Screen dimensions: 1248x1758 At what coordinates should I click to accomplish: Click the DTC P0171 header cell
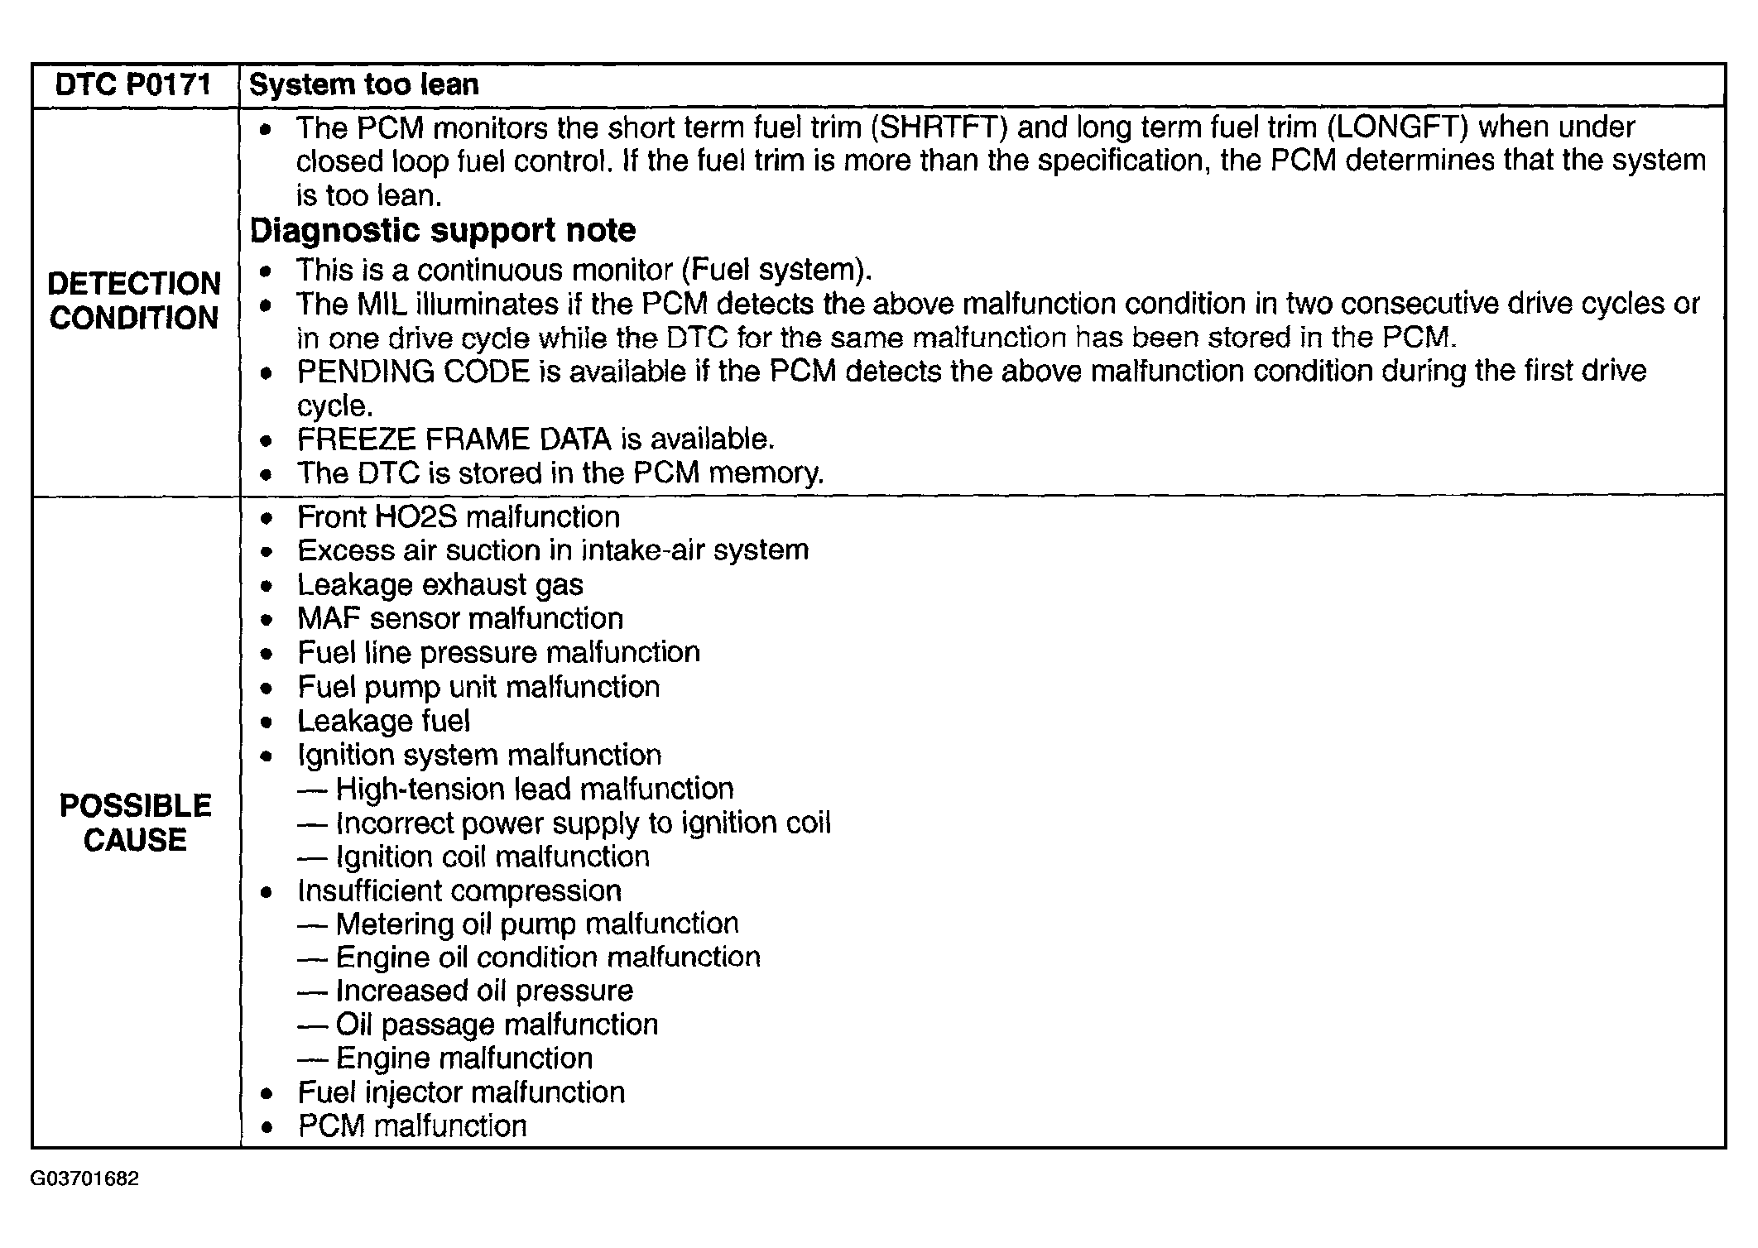[x=134, y=85]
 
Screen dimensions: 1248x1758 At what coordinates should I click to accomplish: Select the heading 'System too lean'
[x=364, y=85]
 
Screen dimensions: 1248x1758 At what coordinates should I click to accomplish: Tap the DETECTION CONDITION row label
[x=134, y=300]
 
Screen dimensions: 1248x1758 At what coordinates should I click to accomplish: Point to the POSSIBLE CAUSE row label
[x=135, y=823]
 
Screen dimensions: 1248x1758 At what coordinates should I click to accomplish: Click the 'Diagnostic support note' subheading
[x=443, y=230]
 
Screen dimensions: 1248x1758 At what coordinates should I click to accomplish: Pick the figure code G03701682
[x=84, y=1178]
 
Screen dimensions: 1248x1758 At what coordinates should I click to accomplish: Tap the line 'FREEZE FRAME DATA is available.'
[x=536, y=439]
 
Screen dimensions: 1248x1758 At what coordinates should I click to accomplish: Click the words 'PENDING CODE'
[x=413, y=372]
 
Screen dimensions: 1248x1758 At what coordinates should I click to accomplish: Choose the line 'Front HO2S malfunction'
[x=459, y=517]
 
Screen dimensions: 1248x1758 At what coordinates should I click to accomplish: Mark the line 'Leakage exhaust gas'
[x=440, y=585]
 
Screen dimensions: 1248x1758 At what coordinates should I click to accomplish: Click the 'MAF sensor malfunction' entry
[x=460, y=619]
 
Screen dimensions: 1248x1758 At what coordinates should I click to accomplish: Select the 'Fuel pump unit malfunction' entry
[x=478, y=687]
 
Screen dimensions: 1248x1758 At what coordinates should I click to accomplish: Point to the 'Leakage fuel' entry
[x=384, y=721]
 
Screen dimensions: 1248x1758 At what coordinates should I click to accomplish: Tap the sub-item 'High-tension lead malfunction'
[x=535, y=789]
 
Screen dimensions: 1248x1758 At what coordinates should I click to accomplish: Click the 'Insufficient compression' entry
[x=459, y=890]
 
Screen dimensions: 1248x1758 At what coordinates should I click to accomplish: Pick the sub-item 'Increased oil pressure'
[x=484, y=991]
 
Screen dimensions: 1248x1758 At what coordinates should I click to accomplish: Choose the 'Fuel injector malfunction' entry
[x=461, y=1092]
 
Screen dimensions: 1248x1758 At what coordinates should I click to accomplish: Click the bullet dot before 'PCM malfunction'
[x=267, y=1127]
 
